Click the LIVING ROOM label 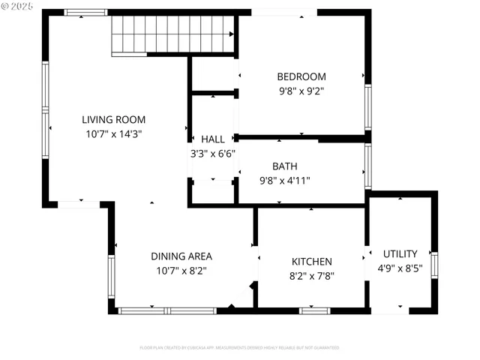pos(113,119)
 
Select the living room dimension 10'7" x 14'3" pos(113,133)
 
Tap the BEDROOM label pos(301,76)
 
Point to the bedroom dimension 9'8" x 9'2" pos(301,91)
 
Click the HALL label pos(212,139)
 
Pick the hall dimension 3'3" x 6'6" pos(212,154)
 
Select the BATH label pos(284,166)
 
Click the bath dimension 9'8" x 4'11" pos(284,180)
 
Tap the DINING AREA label pos(181,256)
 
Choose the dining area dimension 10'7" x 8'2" pos(181,270)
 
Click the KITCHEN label pos(311,262)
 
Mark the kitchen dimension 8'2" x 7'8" pos(311,275)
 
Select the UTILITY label pos(400,254)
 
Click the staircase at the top pos(173,34)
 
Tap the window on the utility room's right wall pos(434,265)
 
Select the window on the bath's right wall pos(367,166)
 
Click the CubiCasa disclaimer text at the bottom pos(239,348)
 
